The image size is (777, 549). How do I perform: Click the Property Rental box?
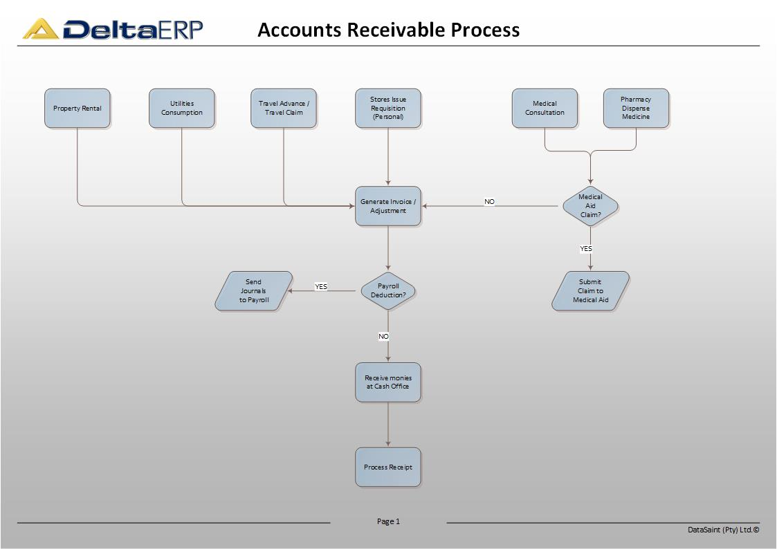(77, 109)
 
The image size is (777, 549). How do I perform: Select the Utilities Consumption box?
(182, 109)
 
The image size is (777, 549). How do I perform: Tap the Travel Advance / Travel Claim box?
(284, 109)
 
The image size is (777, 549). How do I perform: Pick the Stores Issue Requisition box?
(388, 109)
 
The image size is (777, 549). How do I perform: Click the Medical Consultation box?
(545, 109)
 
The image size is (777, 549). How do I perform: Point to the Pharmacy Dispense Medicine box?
(636, 109)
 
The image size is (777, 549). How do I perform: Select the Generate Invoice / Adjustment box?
(388, 206)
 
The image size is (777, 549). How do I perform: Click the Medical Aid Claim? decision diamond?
(590, 206)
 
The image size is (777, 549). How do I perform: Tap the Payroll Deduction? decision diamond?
(388, 290)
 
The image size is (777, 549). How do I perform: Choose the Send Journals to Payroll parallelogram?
(254, 290)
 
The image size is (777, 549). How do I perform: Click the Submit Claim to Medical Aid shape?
(590, 290)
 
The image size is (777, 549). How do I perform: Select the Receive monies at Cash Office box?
(388, 382)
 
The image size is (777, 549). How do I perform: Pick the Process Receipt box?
(388, 467)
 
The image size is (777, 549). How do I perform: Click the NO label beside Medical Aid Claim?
(489, 201)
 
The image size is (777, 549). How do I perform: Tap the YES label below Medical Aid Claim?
(586, 248)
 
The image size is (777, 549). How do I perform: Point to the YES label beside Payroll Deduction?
(320, 287)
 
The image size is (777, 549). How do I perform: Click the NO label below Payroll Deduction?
(383, 337)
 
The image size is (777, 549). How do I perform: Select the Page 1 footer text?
(388, 521)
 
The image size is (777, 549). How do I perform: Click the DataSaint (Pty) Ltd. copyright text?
(724, 530)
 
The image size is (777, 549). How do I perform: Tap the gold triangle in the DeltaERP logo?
(41, 29)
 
